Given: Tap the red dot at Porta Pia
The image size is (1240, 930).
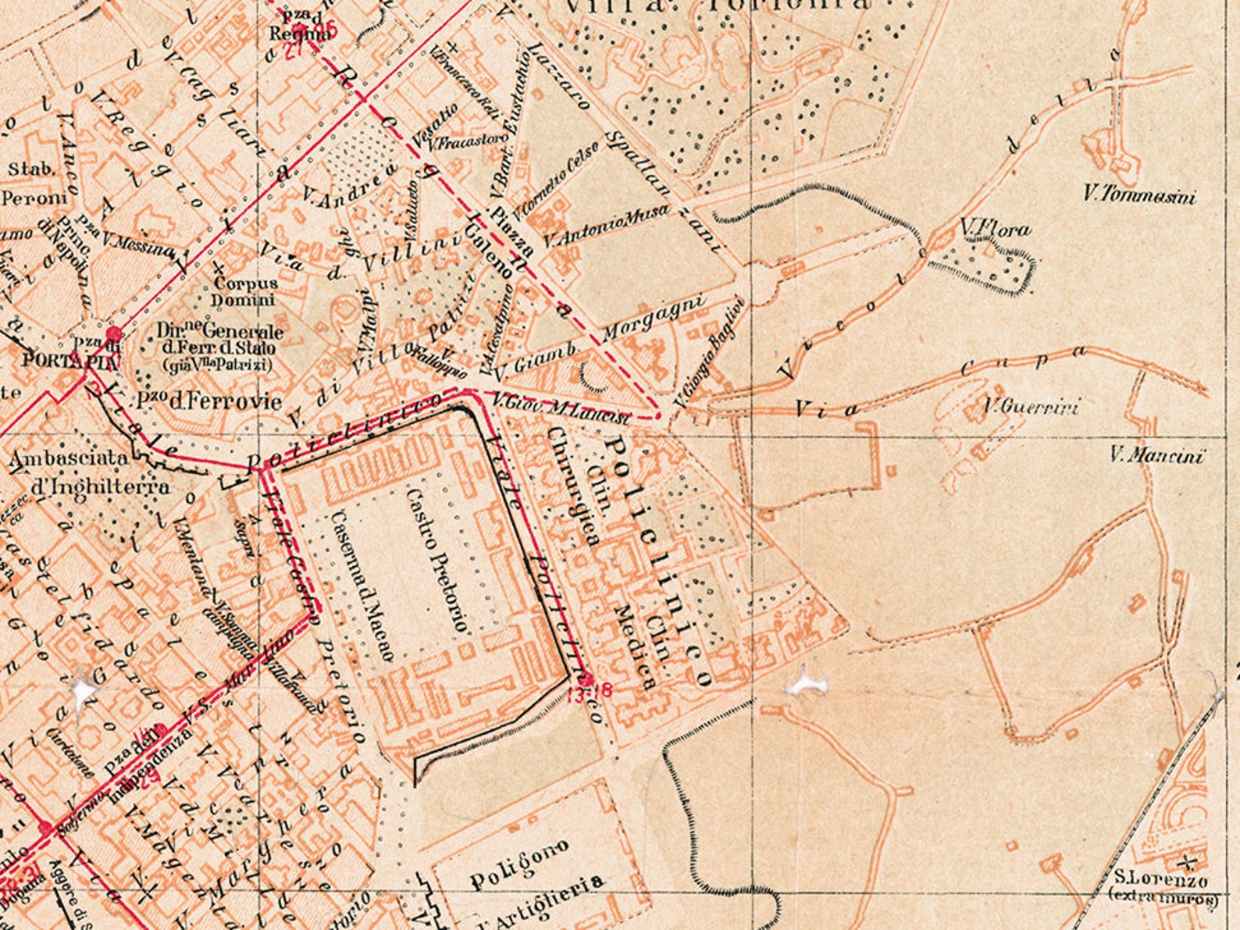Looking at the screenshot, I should [114, 334].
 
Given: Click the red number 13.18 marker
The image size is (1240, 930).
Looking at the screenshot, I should [591, 690].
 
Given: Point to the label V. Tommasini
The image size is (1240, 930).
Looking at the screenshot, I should [1139, 195].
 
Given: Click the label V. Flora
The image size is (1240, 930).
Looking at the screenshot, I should [995, 229].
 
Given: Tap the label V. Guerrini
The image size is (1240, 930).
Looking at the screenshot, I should [1031, 407].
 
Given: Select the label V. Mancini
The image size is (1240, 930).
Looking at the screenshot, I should [1156, 455].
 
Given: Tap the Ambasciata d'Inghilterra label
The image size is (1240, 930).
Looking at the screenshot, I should [90, 472].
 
